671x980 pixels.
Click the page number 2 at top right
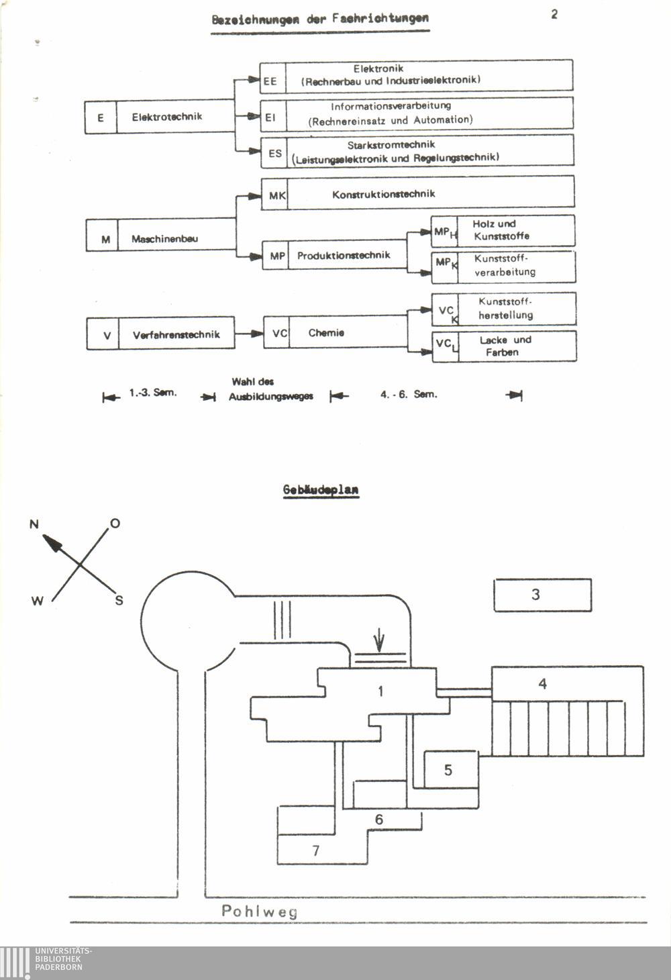click(554, 14)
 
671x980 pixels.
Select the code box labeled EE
click(270, 81)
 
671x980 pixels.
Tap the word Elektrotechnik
click(167, 117)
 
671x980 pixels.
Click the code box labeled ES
click(275, 153)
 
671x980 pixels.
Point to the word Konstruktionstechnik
click(384, 194)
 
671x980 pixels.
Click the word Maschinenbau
click(164, 239)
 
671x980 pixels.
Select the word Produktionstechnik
click(344, 255)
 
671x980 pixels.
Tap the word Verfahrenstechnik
click(176, 334)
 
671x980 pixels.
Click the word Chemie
click(326, 333)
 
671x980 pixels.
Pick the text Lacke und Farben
click(505, 346)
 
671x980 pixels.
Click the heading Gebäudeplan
click(321, 490)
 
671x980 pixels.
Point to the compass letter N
click(34, 524)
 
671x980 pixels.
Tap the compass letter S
click(119, 601)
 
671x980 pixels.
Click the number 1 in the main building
click(381, 691)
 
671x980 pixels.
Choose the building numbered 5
click(448, 770)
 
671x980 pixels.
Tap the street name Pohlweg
click(259, 912)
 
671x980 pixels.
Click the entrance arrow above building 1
click(380, 640)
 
